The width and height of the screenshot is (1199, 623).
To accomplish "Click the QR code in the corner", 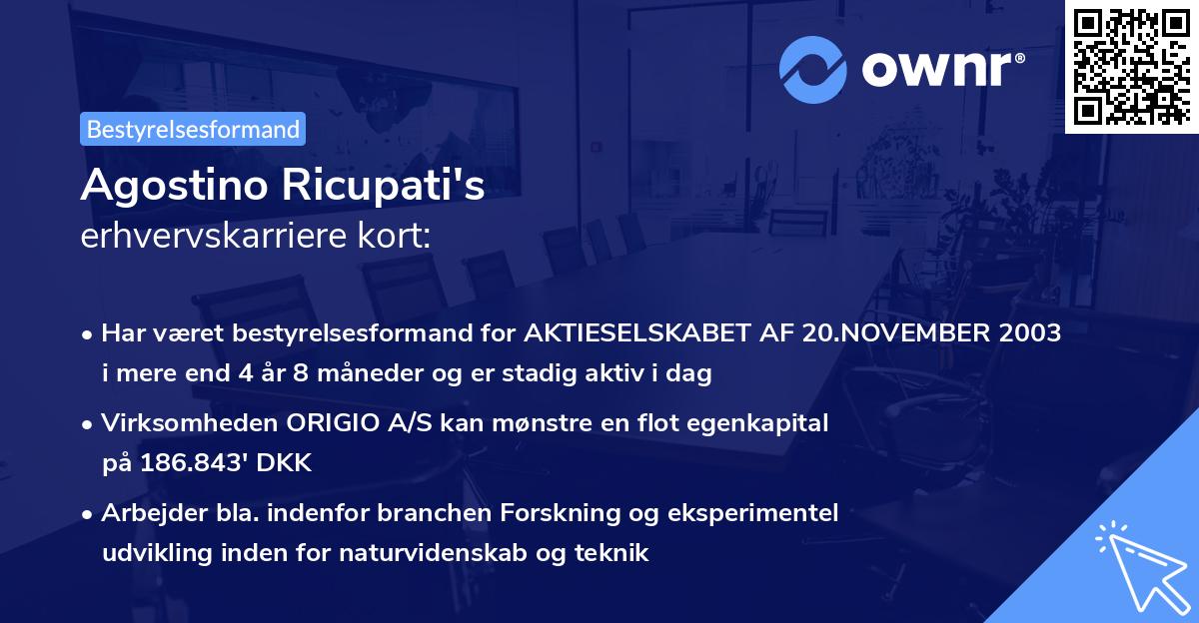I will point(1131,66).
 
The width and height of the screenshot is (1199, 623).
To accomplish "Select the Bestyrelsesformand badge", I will point(193,129).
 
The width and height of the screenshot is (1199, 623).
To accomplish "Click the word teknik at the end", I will point(615,552).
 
